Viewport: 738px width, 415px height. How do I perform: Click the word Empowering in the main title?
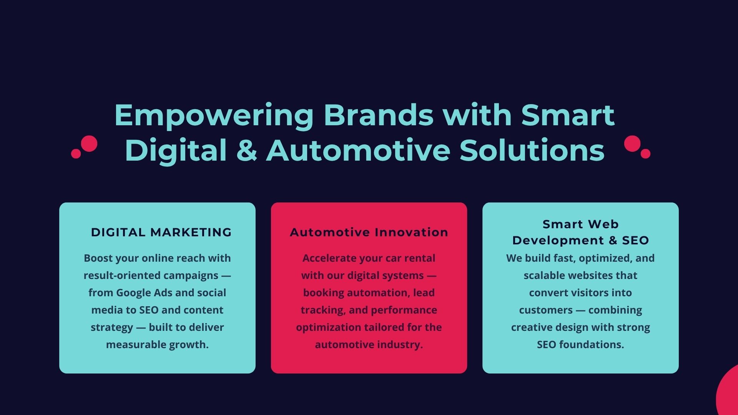[x=214, y=115]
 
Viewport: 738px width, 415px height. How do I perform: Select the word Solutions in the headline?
[x=532, y=150]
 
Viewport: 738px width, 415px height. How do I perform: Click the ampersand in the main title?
[x=247, y=150]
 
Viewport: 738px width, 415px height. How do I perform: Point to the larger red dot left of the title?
[x=89, y=144]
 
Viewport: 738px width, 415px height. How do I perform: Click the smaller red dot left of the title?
[x=76, y=153]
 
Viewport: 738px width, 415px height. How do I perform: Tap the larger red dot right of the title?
[x=632, y=144]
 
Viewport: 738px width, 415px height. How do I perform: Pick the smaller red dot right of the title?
[x=645, y=153]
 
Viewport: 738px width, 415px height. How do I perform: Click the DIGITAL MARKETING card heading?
[x=161, y=232]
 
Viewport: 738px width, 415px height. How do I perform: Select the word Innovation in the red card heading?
[x=411, y=232]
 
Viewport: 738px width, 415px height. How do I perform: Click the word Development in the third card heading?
[x=558, y=241]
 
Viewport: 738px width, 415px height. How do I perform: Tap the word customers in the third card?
[x=546, y=310]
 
